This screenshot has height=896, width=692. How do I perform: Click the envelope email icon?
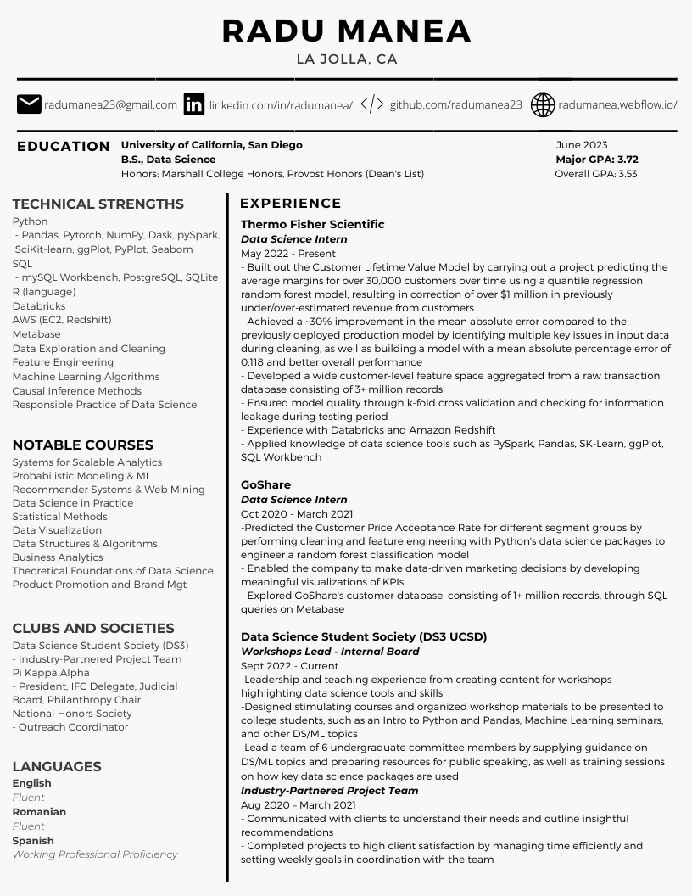[x=29, y=104]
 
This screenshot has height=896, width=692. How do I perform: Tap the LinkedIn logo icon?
[x=194, y=104]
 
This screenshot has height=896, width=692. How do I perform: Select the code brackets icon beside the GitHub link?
[x=372, y=104]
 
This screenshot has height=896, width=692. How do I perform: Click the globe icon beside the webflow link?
[x=543, y=104]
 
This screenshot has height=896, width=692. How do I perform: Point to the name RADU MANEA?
[x=346, y=31]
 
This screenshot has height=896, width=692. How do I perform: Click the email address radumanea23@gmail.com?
[x=111, y=105]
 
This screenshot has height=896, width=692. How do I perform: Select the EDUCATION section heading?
[x=64, y=146]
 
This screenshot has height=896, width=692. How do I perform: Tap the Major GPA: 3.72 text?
[x=597, y=160]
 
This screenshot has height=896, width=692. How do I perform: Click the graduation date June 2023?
[x=582, y=145]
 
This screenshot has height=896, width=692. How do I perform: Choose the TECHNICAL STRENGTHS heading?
[x=98, y=204]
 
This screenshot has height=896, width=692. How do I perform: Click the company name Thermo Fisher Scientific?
[x=312, y=224]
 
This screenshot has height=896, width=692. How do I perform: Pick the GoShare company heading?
[x=265, y=484]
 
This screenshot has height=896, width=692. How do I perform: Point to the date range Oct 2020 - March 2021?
[x=296, y=513]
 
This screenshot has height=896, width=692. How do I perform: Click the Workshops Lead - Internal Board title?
[x=330, y=652]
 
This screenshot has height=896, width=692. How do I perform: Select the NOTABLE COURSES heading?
[x=82, y=445]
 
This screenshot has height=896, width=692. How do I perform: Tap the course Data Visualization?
[x=57, y=530]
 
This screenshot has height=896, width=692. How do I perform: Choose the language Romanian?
[x=39, y=812]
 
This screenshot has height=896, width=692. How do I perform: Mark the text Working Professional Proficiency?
[x=95, y=854]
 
